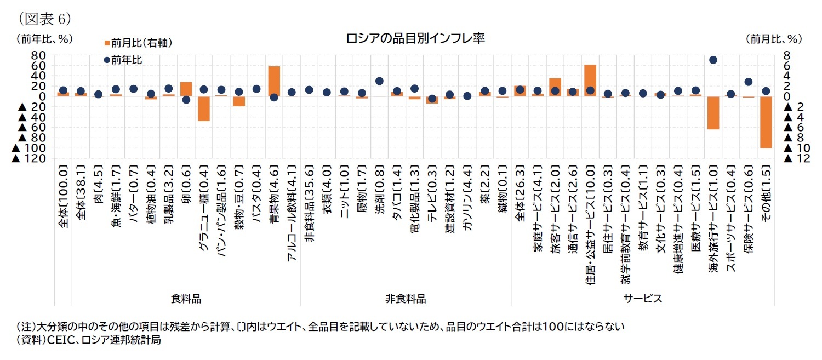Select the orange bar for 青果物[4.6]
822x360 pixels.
tap(274, 81)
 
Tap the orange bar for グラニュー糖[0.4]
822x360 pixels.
tap(204, 108)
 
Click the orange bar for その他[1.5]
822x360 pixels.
tap(766, 122)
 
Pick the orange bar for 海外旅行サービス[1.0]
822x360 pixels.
tap(713, 113)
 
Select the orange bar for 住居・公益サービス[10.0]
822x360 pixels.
tap(590, 81)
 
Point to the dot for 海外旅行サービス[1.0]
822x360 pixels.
tap(713, 60)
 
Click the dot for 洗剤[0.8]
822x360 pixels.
tap(379, 81)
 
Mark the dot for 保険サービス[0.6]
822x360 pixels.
tap(749, 82)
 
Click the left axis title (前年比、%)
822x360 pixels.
tap(44, 39)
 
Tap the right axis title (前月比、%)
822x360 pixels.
tap(773, 39)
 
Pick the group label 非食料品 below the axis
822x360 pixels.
tap(406, 299)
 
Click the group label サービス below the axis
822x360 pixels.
tap(642, 299)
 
